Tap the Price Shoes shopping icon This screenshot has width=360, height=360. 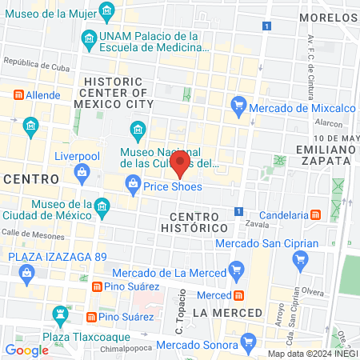[x=133, y=186]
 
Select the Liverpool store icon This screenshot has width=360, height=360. [x=81, y=171]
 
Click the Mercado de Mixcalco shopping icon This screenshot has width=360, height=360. [x=237, y=103]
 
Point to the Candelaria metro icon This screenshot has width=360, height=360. [x=317, y=214]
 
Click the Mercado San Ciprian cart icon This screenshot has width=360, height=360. [x=301, y=258]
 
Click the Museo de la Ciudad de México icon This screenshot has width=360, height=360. [x=102, y=208]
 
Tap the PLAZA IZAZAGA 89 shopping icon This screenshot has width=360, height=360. [x=27, y=273]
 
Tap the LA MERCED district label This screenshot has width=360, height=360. [x=227, y=311]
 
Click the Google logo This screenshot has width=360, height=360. [x=26, y=349]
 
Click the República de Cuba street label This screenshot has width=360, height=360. [x=35, y=62]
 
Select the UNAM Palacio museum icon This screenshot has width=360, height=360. [x=87, y=38]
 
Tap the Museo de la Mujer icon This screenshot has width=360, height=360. [x=107, y=11]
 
